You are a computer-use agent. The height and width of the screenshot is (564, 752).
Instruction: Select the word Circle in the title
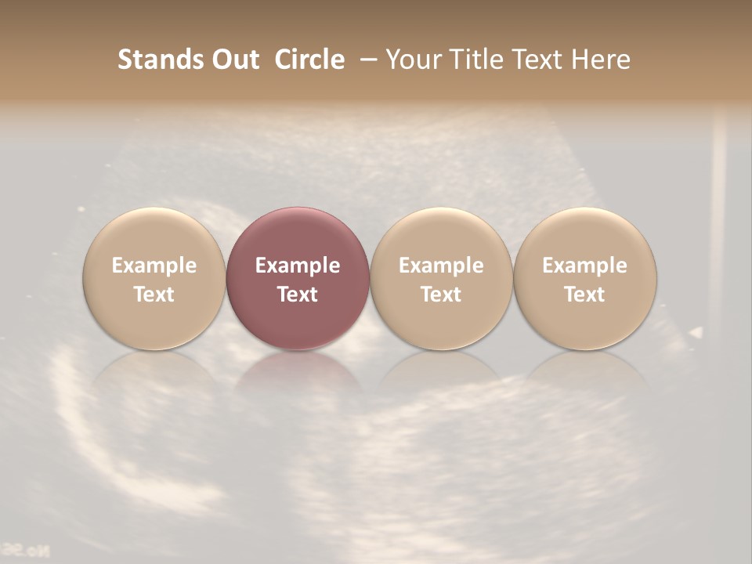[309, 60]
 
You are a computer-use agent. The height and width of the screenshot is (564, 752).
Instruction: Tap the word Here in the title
[601, 60]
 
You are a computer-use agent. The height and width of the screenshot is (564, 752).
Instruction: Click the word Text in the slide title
[537, 60]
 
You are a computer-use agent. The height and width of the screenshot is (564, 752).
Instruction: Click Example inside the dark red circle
[298, 266]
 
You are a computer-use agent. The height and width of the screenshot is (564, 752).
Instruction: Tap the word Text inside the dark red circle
[298, 295]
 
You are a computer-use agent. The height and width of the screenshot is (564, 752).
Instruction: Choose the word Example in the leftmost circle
[154, 266]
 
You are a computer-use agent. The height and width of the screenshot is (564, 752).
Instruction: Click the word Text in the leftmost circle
[154, 295]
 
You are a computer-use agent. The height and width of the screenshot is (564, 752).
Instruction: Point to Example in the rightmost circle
[585, 266]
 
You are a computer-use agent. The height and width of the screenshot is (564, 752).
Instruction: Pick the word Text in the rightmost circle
[585, 295]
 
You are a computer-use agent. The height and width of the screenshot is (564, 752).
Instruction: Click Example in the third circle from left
[441, 266]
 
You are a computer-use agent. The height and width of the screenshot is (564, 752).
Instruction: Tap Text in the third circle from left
[441, 295]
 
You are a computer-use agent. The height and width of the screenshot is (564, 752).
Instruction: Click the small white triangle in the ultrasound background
[696, 333]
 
